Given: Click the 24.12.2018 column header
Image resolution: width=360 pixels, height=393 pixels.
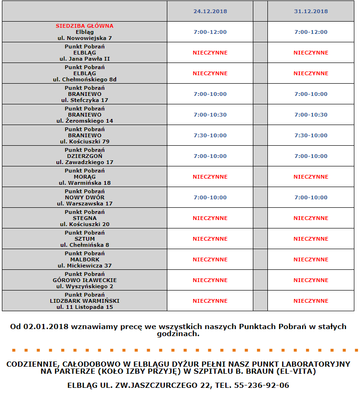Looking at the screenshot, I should (x=210, y=11).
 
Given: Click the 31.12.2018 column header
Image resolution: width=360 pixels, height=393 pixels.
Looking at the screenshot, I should (x=311, y=11).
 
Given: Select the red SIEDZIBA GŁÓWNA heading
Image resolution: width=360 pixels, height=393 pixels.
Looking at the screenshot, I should (x=85, y=26).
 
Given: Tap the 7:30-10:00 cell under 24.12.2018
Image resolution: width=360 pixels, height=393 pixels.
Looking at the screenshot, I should (x=210, y=135).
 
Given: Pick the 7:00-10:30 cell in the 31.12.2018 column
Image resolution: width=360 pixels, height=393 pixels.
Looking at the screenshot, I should (x=311, y=115).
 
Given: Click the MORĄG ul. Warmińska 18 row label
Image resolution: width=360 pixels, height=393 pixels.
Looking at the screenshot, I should (x=85, y=177).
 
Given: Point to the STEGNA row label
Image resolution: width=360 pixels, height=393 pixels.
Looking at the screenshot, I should (x=85, y=218).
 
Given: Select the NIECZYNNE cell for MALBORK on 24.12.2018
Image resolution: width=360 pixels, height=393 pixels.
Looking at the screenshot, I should (x=210, y=259).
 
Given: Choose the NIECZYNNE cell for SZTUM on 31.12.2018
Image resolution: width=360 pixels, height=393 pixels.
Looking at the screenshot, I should (x=311, y=239).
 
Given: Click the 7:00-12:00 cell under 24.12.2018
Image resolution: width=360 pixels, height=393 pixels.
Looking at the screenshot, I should (x=210, y=32).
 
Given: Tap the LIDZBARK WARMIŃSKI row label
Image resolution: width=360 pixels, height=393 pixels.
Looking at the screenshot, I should (x=85, y=301).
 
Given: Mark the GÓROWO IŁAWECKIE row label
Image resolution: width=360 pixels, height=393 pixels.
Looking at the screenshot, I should (x=85, y=280).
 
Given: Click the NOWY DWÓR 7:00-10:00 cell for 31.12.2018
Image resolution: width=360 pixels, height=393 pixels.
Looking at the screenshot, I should (x=311, y=197).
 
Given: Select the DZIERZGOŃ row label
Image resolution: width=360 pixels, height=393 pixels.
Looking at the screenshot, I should (x=85, y=156).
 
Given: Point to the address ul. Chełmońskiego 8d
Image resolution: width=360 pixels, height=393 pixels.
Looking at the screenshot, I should (x=85, y=79).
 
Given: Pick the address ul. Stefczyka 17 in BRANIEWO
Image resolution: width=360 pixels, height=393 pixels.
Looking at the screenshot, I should (x=85, y=100).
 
